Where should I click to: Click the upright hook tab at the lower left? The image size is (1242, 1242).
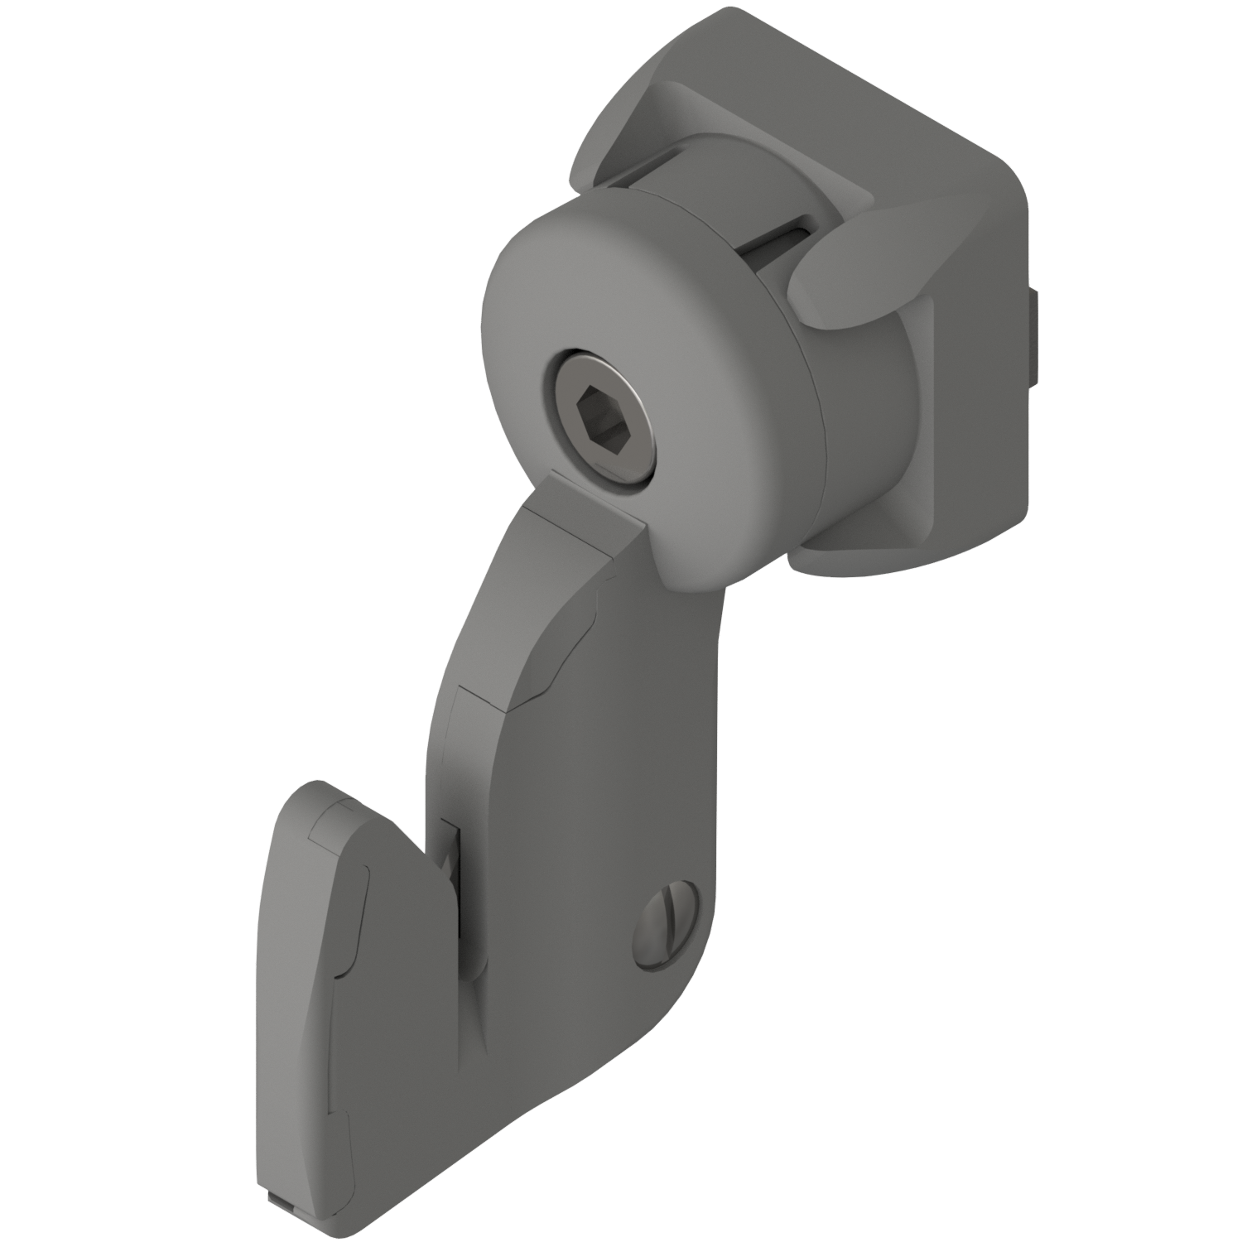pos(331,994)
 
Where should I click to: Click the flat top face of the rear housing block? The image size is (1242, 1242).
pos(828,99)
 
